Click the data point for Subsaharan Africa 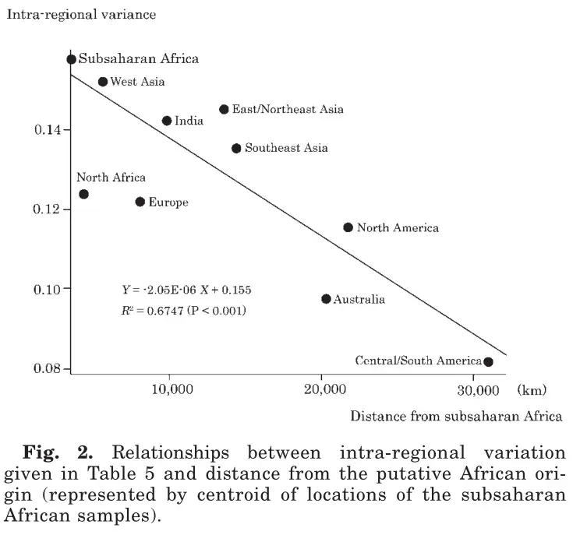[72, 59]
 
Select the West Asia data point [103, 82]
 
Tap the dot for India [167, 121]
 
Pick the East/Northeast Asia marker [224, 109]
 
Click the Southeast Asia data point [236, 148]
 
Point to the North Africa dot [84, 194]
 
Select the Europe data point [140, 202]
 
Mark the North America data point [348, 227]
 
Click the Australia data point [326, 298]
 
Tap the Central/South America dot [488, 361]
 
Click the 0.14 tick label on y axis [48, 130]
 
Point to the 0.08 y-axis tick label [47, 368]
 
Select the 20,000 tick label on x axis [325, 389]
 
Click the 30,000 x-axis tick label [478, 390]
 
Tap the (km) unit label [532, 390]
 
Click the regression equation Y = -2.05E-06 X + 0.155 [186, 290]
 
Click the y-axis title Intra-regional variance [81, 15]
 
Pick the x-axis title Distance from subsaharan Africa [456, 416]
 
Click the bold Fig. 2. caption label [58, 452]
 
